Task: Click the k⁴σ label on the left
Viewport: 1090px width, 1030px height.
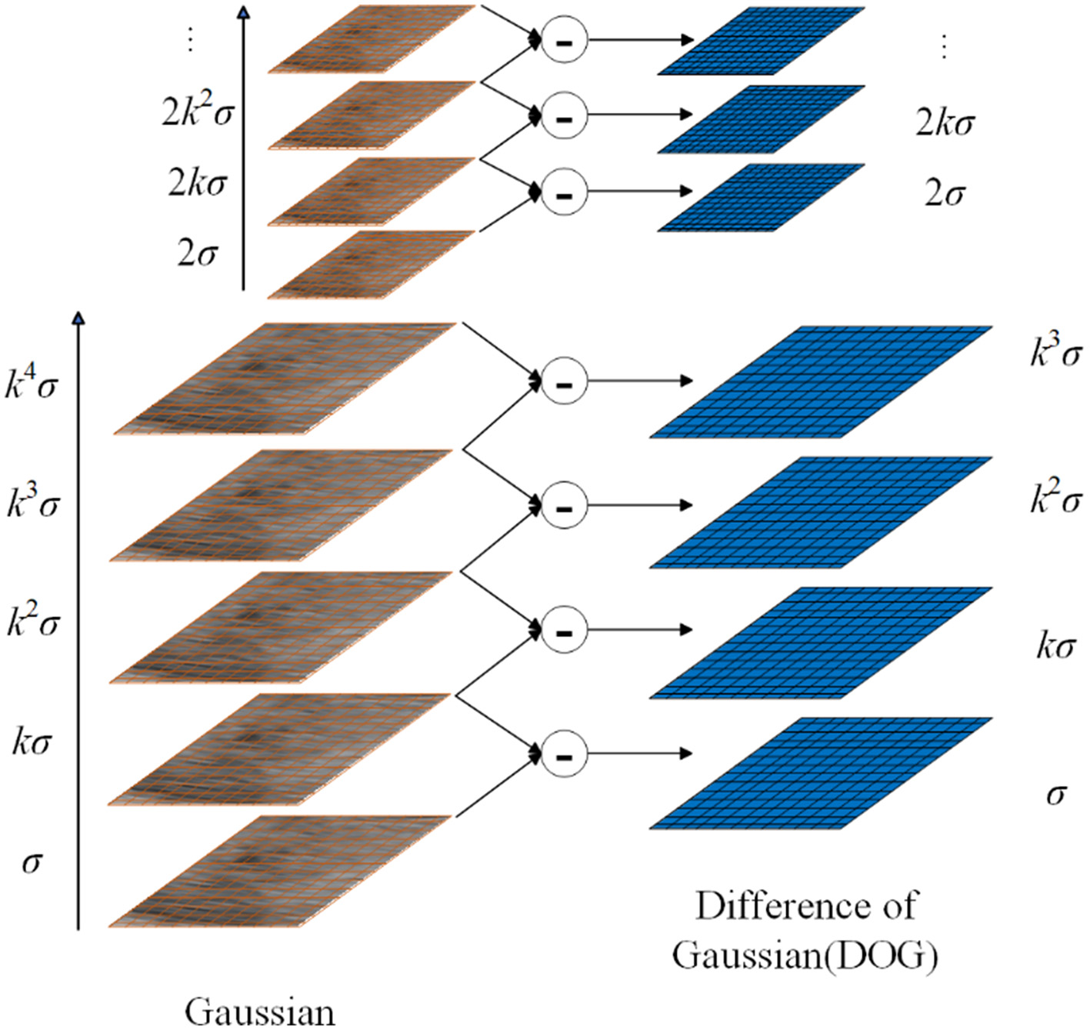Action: point(32,383)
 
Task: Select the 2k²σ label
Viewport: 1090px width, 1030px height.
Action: point(197,112)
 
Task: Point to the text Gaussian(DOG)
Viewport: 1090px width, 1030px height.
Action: point(805,956)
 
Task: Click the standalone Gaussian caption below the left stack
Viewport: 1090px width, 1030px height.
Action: point(260,1012)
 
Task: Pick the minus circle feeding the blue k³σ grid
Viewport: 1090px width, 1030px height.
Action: point(564,382)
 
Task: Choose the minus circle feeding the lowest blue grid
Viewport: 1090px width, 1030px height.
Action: point(564,755)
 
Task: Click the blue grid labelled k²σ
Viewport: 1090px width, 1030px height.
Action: point(820,513)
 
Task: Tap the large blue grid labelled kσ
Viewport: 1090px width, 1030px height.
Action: point(820,643)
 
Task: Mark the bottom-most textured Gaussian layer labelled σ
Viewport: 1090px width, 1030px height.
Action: point(279,872)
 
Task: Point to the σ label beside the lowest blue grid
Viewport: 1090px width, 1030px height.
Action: point(1056,794)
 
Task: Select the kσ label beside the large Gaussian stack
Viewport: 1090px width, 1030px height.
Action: point(32,742)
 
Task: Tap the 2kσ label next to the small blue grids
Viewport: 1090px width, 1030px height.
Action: point(945,123)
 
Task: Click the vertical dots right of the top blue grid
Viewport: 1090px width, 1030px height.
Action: point(944,46)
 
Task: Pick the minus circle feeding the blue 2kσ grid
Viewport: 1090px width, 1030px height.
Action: point(564,117)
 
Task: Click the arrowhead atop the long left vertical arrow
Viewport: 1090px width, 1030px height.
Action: point(78,317)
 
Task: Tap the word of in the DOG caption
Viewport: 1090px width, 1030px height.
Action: point(898,907)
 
